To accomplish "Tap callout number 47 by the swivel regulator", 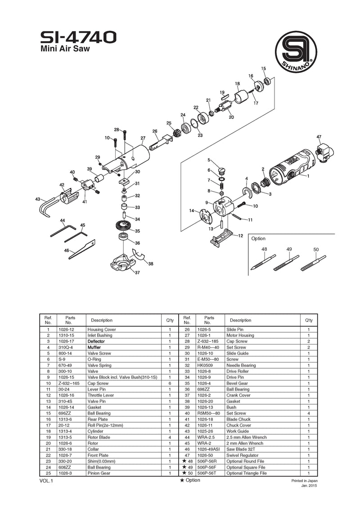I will (319, 137).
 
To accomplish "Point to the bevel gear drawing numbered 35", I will (122, 226).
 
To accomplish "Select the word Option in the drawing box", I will (258, 239).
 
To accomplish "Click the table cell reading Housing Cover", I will (102, 330).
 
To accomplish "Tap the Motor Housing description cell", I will (240, 335).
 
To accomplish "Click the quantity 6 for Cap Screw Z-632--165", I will (170, 383).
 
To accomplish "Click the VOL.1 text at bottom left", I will (46, 481).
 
